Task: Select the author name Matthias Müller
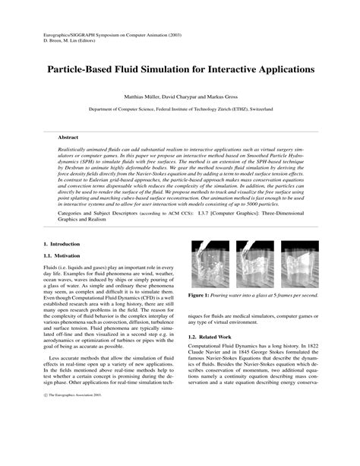(136, 98)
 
